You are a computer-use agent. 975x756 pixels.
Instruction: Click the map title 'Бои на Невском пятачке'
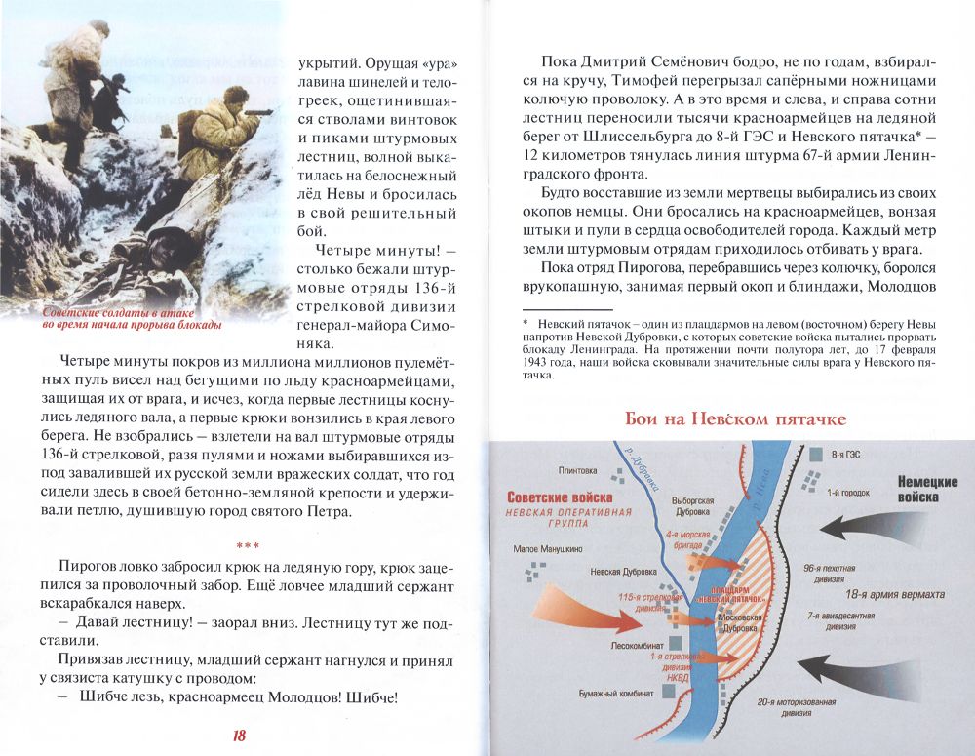736,419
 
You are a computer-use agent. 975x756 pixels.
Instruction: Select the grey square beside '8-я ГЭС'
815,454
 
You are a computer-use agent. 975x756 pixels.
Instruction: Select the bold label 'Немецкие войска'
926,490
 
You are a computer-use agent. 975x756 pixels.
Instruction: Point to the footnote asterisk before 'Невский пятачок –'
525,323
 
